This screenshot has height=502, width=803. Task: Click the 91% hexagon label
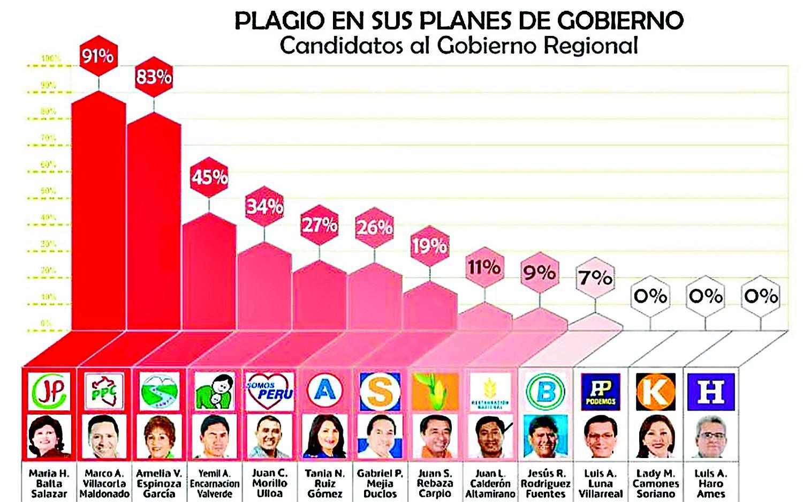(97, 55)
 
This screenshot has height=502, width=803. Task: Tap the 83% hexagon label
(154, 77)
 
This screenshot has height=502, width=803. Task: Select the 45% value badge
(209, 177)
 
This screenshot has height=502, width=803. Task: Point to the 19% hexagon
(429, 245)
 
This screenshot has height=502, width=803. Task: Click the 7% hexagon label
(595, 278)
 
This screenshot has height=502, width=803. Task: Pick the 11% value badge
(484, 267)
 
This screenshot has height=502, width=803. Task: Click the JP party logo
(49, 391)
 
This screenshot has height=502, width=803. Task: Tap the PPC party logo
(104, 391)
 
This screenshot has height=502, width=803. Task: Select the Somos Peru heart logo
(269, 391)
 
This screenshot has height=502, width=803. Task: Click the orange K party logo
(655, 392)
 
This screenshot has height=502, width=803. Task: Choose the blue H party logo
(710, 392)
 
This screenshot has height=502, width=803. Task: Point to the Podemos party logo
(600, 392)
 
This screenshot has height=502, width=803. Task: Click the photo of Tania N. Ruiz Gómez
(324, 436)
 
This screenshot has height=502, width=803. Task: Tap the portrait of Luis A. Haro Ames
(710, 436)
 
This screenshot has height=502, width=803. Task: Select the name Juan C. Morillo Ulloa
(269, 483)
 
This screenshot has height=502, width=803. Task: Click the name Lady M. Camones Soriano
(655, 483)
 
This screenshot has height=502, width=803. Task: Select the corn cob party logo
(435, 392)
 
